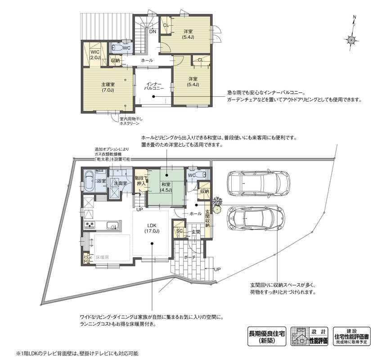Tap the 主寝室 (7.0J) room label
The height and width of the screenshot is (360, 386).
click(x=108, y=87)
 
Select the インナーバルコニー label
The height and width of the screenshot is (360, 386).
click(x=153, y=86)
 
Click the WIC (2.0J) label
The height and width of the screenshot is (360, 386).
click(x=95, y=55)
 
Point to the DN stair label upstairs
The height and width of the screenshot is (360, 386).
click(x=153, y=31)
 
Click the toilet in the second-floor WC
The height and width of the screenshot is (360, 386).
click(x=117, y=48)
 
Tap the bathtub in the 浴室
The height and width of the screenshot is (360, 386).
click(x=89, y=182)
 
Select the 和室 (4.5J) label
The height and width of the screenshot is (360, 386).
click(x=166, y=187)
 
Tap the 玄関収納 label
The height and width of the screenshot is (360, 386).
click(x=207, y=218)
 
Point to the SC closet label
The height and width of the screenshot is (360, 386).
click(x=180, y=231)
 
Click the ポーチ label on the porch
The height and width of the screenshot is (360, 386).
click(x=189, y=257)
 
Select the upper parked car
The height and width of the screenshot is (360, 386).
click(x=258, y=182)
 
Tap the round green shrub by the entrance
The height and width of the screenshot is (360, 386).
click(x=217, y=210)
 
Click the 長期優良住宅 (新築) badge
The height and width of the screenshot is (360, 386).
click(x=267, y=336)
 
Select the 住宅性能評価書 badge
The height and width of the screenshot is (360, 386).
click(x=351, y=336)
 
